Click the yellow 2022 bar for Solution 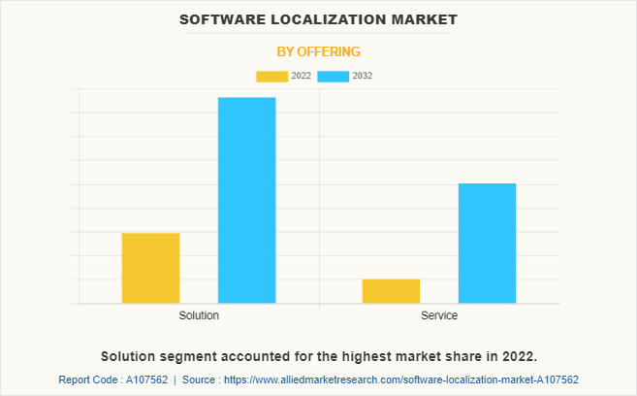click(x=150, y=268)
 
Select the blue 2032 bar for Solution click(x=246, y=200)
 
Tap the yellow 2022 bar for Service click(x=391, y=291)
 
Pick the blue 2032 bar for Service click(x=487, y=243)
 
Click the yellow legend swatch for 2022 click(x=271, y=76)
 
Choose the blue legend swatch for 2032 click(x=334, y=76)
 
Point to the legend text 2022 click(x=301, y=76)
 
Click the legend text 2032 click(x=363, y=76)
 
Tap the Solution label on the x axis click(x=199, y=316)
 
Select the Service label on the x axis click(x=439, y=316)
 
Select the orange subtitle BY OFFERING click(x=318, y=51)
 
